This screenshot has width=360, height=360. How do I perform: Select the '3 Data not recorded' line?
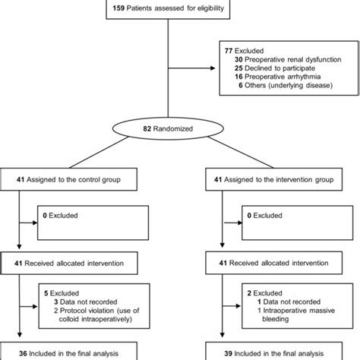84,302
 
